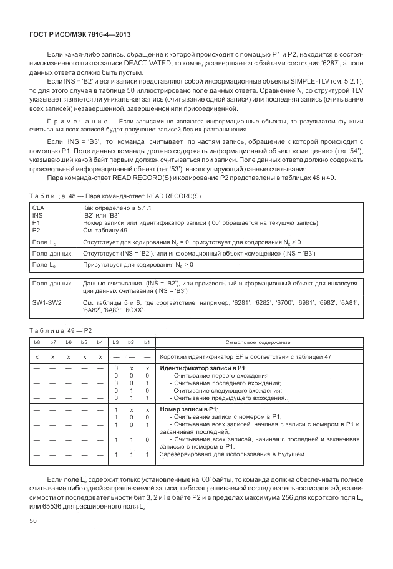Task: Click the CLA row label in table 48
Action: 38,207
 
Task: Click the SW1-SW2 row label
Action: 47,303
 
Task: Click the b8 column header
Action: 37,342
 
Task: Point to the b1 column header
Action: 147,342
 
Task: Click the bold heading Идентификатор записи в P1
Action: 203,369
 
